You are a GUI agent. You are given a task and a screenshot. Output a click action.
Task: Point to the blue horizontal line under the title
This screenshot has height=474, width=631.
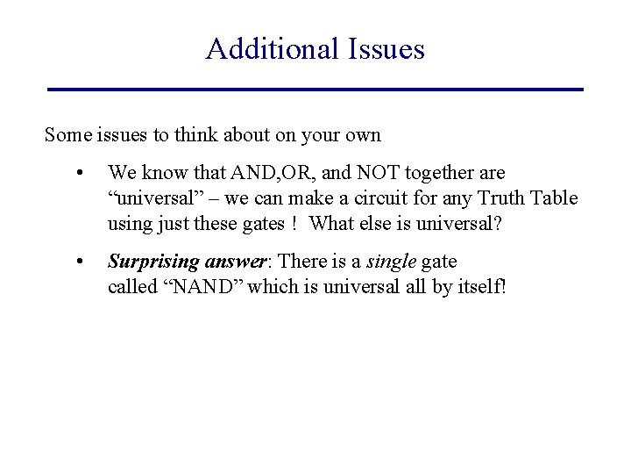click(x=315, y=89)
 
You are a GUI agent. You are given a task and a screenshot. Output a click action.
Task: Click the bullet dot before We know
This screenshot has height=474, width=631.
click(x=80, y=174)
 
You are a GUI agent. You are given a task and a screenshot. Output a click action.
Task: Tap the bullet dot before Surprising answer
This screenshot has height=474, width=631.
click(x=80, y=262)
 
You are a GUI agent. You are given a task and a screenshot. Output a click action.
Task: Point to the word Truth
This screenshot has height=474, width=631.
click(x=500, y=198)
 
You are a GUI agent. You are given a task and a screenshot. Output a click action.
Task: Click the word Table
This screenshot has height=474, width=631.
click(x=555, y=198)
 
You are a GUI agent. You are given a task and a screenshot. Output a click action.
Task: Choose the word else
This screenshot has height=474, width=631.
click(x=372, y=223)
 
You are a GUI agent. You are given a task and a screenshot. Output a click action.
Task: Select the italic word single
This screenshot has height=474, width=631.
click(x=390, y=262)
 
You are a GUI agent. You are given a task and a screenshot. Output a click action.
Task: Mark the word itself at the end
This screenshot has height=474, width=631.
click(x=480, y=286)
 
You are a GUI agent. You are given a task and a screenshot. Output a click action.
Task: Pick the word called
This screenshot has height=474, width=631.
click(x=129, y=286)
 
